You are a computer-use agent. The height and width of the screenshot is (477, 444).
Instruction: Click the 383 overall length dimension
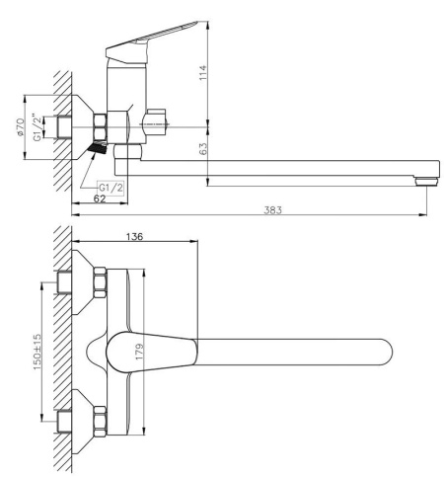[x=272, y=210]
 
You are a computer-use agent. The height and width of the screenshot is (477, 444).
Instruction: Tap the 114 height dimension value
[x=203, y=72]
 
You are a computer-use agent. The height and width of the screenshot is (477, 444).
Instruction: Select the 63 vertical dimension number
[x=203, y=148]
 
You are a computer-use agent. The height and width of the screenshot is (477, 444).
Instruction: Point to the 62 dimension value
[x=100, y=199]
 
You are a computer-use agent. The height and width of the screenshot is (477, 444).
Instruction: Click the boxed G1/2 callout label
[x=111, y=188]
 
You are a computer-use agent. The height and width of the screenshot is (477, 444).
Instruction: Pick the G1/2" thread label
[x=37, y=127]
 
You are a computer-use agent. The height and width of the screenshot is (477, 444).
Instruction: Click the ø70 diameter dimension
[x=20, y=127]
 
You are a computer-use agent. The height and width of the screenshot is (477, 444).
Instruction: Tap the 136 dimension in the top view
[x=134, y=236]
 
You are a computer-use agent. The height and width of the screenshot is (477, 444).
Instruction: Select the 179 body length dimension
[x=140, y=352]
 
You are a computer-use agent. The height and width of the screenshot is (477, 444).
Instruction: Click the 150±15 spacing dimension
[x=37, y=352]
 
